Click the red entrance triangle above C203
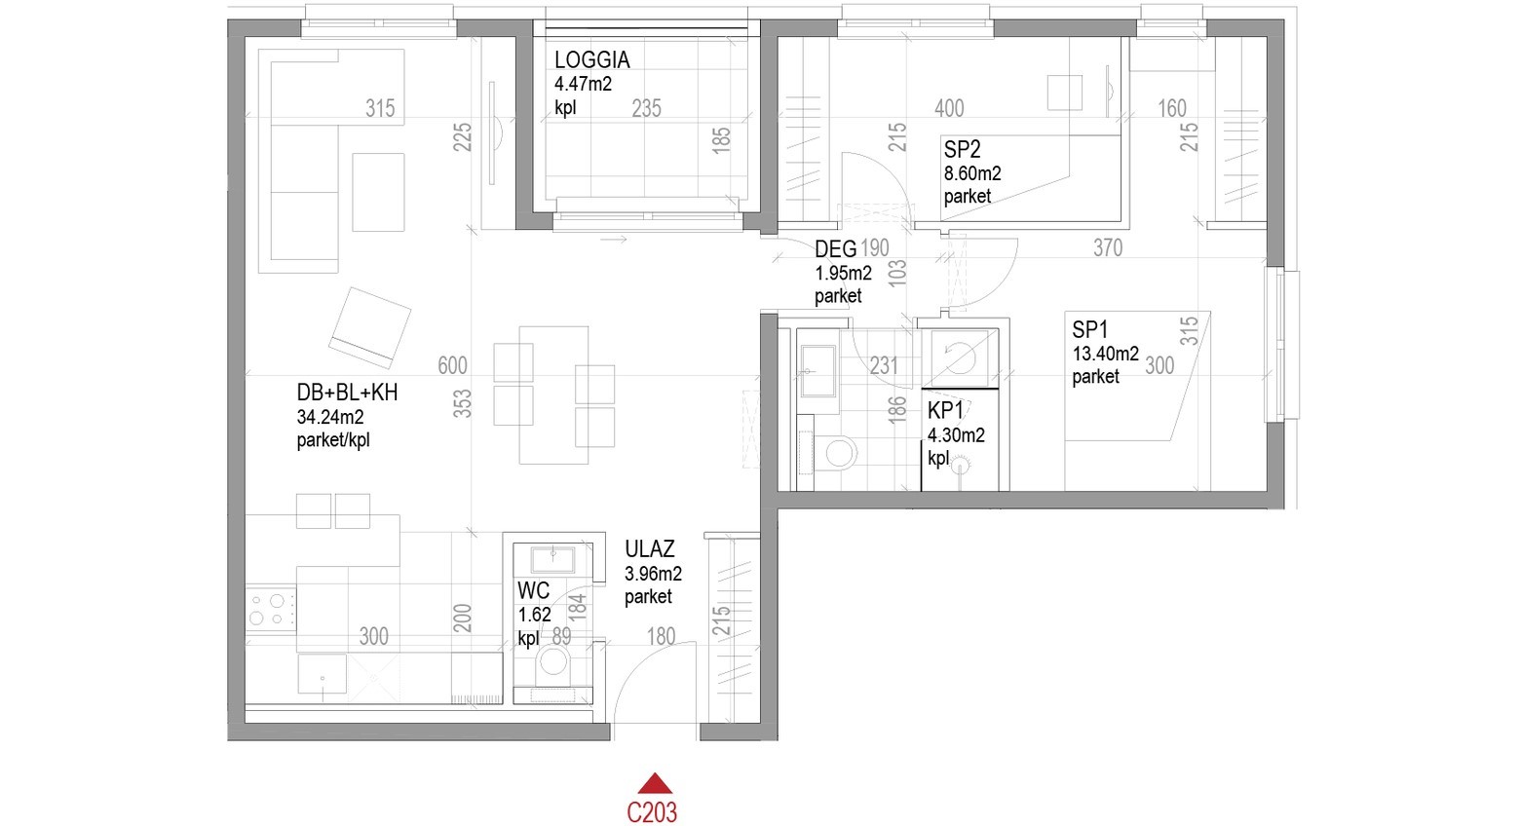pyautogui.click(x=655, y=785)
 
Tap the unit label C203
pyautogui.click(x=652, y=811)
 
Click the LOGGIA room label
pyautogui.click(x=591, y=59)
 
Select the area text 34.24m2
pyautogui.click(x=329, y=416)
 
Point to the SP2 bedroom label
pyautogui.click(x=962, y=149)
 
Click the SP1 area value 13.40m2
pyautogui.click(x=1105, y=354)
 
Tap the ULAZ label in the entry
pyautogui.click(x=649, y=548)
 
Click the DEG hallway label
pyautogui.click(x=835, y=249)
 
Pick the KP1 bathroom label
pyautogui.click(x=945, y=410)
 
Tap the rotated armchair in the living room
pyautogui.click(x=370, y=327)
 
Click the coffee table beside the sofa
pyautogui.click(x=378, y=192)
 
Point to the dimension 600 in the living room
pyautogui.click(x=452, y=365)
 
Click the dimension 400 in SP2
pyautogui.click(x=949, y=108)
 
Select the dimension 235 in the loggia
pyautogui.click(x=646, y=108)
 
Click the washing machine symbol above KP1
pyautogui.click(x=960, y=357)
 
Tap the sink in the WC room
pyautogui.click(x=553, y=559)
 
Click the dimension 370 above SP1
pyautogui.click(x=1108, y=248)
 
